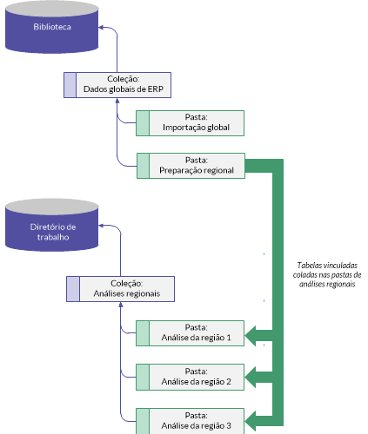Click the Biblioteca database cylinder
click(x=52, y=27)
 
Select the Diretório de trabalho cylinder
click(x=52, y=225)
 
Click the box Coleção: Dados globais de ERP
click(x=117, y=85)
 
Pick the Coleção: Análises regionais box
click(x=120, y=289)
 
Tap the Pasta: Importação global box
click(x=191, y=123)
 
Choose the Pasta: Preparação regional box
click(x=191, y=166)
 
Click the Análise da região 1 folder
click(x=191, y=333)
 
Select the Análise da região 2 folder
click(x=191, y=378)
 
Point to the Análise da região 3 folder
click(x=191, y=421)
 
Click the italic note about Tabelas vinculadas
click(x=327, y=274)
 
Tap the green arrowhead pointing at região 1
click(x=251, y=336)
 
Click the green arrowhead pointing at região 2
click(x=251, y=378)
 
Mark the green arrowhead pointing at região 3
click(x=251, y=421)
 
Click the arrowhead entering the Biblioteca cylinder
click(x=101, y=28)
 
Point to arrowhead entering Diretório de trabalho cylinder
click(x=101, y=226)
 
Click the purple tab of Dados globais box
click(x=70, y=85)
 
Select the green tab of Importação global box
click(x=143, y=123)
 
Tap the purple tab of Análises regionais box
click(x=73, y=289)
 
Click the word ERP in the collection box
click(x=156, y=89)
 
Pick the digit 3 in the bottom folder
click(x=229, y=426)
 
